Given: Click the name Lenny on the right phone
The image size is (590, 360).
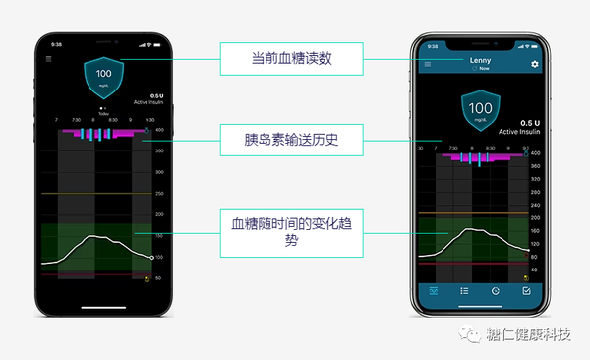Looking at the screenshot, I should (x=480, y=61).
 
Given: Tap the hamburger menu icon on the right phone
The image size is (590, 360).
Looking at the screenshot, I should (x=427, y=64).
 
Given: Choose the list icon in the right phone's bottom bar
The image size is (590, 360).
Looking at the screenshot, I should (x=463, y=291).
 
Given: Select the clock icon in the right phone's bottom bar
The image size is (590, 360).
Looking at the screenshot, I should (x=495, y=291).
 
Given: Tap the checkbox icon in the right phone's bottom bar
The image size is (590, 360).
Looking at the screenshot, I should (x=526, y=291).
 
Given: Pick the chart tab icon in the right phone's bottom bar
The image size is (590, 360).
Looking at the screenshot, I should (x=432, y=291).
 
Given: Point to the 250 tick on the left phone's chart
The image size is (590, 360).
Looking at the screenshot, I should (x=159, y=194).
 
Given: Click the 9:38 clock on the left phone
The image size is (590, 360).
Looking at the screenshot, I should (x=55, y=44).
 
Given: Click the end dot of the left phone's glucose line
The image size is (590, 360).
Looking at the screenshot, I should (x=151, y=258).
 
